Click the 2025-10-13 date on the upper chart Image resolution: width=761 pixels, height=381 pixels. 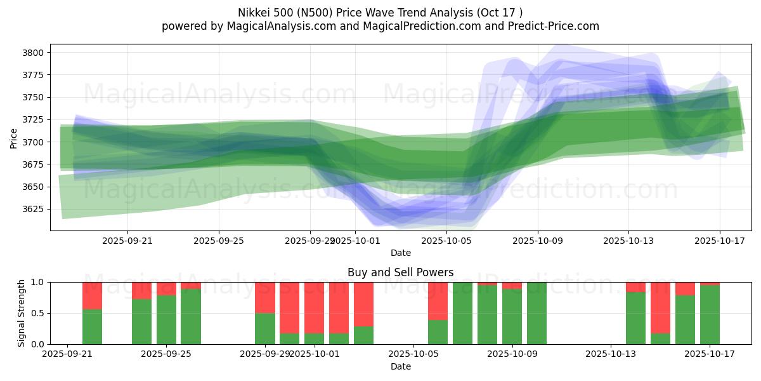coord(628,241)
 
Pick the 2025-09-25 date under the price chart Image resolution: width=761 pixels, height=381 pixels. coord(219,241)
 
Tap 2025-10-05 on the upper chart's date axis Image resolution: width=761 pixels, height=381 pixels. coord(446,241)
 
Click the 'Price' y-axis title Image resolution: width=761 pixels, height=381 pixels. coord(14,138)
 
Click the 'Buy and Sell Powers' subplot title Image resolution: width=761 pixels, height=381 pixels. coord(400,272)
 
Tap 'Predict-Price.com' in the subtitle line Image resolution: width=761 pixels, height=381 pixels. coord(556,26)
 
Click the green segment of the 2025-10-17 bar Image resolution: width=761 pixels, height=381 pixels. coord(710,315)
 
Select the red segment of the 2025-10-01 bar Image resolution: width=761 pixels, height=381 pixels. coord(315,307)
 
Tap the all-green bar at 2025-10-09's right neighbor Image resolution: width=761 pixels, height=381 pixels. coord(537,313)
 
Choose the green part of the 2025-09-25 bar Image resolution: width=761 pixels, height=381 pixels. coord(166,320)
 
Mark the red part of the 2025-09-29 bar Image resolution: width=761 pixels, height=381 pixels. coord(265,297)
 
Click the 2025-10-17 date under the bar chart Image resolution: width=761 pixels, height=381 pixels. coord(710,354)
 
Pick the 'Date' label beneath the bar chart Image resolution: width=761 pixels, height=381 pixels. coord(400,366)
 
